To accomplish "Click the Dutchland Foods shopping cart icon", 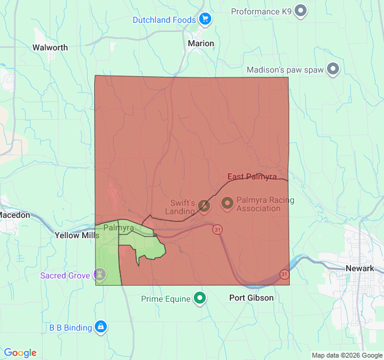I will pos(205,20).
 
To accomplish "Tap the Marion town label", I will pos(200,43).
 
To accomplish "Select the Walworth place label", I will pos(50,47).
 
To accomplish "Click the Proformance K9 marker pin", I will pos(301,11).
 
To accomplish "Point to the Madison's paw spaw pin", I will pos(332,70).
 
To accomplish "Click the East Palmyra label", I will pos(251,176).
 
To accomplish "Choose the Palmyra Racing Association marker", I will pos(227,204).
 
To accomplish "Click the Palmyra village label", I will pos(118,228).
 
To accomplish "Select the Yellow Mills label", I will pos(77,236).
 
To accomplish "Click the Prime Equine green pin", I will pos(200,298).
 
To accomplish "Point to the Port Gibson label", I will pos(251,298).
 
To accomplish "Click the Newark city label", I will pos(359,268).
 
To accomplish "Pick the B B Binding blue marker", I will pos(101,327).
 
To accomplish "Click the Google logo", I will pos(20,353).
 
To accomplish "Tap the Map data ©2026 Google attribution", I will pos(346,355).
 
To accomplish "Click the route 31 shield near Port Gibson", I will pos(284,274).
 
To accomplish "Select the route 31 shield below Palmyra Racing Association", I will pos(217,230).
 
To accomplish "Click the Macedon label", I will pos(13,215).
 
